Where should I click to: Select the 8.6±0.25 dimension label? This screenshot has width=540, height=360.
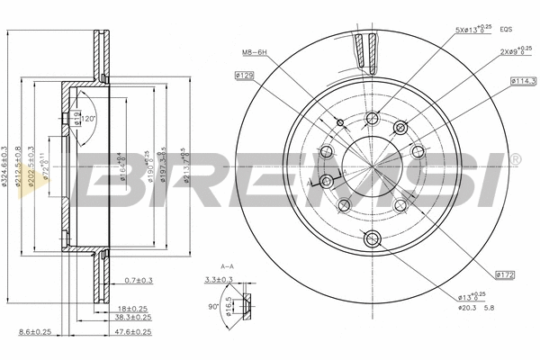point(34,333)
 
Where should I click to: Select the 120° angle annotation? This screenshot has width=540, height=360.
point(89,119)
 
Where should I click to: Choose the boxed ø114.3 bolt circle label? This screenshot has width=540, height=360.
point(523,81)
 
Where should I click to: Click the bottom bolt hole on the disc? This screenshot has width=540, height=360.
point(373,238)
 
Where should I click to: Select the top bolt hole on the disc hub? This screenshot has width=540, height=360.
point(373,116)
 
